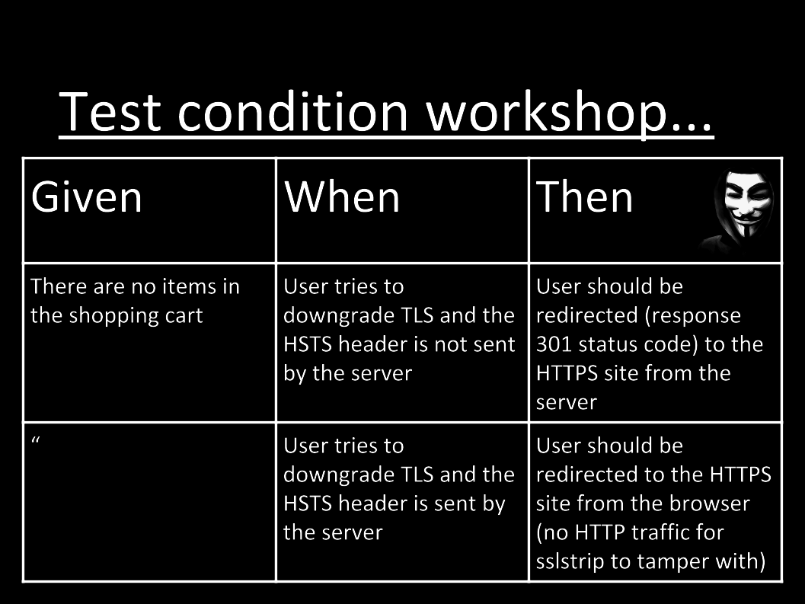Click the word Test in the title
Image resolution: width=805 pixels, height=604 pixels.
110,111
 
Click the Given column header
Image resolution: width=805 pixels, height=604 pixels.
86,197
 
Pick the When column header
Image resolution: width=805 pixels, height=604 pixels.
342,197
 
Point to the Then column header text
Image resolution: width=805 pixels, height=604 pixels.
584,197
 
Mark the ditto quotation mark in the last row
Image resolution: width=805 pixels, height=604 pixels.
36,441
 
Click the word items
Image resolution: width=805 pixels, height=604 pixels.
190,286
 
